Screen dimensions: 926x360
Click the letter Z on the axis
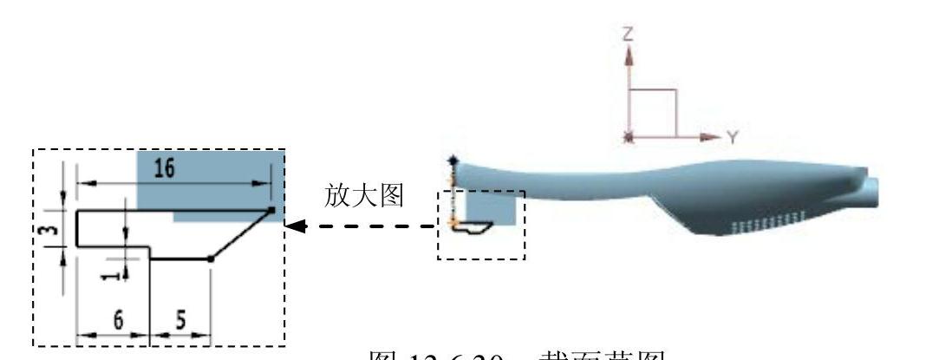[x=629, y=35]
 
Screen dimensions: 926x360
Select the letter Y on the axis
[x=733, y=137]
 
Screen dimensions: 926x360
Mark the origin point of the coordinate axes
[x=629, y=137]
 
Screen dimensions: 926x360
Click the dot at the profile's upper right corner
[x=271, y=209]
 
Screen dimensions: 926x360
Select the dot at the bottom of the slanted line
[x=211, y=259]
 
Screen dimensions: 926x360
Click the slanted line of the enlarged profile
[x=241, y=234]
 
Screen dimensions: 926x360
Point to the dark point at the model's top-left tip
[x=452, y=160]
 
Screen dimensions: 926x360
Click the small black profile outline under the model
[x=473, y=227]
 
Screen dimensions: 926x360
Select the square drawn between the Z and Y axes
[x=652, y=114]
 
